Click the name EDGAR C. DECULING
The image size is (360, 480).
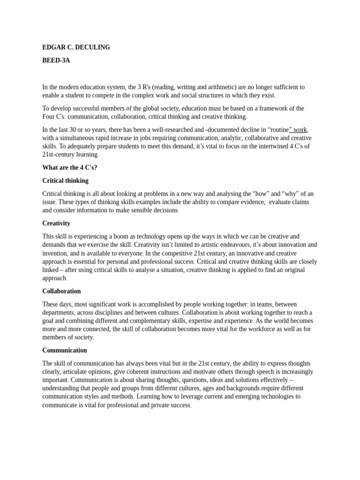76,47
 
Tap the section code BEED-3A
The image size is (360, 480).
56,60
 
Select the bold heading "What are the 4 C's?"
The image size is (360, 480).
70,167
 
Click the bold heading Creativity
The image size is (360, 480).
56,223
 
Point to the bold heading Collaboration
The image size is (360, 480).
61,291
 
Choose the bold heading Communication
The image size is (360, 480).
65,350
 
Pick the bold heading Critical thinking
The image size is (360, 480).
65,180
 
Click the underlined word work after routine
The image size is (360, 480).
300,129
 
